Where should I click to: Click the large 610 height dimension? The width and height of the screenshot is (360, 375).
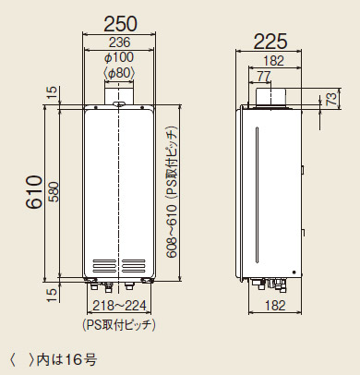coord(33,193)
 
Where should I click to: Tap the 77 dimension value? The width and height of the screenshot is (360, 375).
coord(264,76)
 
